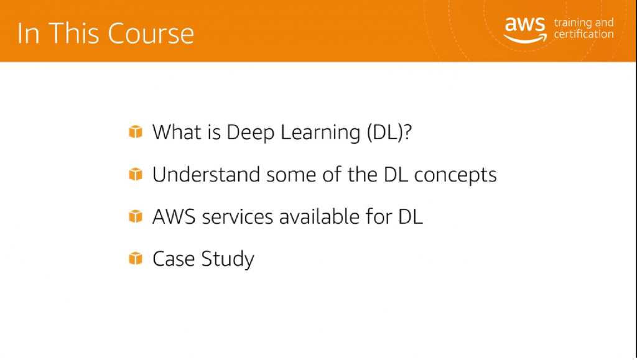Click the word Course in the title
coord(151,33)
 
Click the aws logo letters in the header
coord(524,24)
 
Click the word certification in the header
coord(583,34)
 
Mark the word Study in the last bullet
coord(228,259)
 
